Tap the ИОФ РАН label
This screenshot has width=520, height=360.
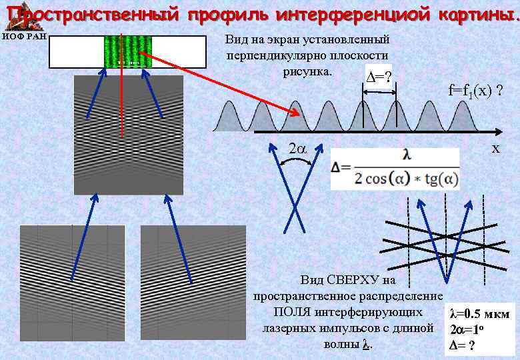[x=23, y=36]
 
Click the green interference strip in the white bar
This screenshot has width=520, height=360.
[x=127, y=51]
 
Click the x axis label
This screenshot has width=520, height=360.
[x=495, y=148]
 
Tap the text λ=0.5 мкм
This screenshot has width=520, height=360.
[x=480, y=314]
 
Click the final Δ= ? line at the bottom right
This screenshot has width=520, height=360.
[x=463, y=345]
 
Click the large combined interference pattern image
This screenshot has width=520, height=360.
[x=127, y=133]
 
